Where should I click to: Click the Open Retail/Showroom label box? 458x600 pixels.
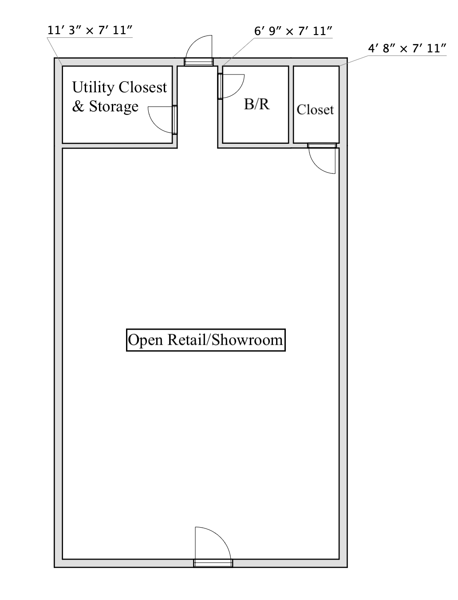coord(206,340)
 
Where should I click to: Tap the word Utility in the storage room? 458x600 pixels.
coord(94,88)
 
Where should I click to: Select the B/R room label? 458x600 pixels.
coord(257,104)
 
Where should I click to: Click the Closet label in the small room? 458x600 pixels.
coord(315,110)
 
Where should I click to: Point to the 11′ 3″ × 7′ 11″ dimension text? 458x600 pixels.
coord(90,30)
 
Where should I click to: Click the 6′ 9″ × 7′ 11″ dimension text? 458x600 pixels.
coord(293,31)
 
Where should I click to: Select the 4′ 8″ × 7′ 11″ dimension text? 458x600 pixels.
coord(407,49)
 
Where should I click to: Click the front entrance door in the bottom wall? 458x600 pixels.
coord(213,563)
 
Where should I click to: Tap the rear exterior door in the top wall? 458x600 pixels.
coord(199,62)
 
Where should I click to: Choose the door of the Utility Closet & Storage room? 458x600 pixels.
coord(174,120)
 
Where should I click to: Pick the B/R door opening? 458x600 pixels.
coord(220,86)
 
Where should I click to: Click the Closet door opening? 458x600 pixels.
coord(322,146)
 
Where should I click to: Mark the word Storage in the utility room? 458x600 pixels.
coord(114,107)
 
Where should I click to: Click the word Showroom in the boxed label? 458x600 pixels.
coord(247,340)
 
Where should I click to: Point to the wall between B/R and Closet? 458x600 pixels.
coord(291,104)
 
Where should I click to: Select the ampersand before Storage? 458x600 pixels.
coord(78,107)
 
